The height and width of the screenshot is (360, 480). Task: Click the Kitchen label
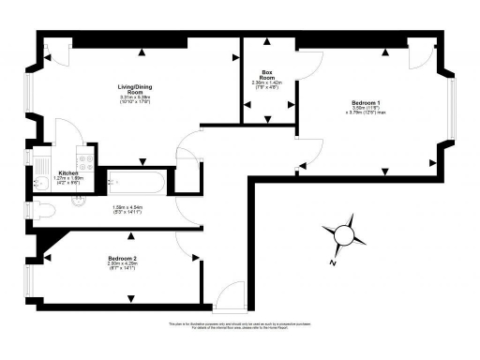(x=69, y=172)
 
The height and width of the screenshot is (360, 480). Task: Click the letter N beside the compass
(x=333, y=263)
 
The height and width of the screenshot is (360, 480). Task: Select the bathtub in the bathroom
(x=137, y=182)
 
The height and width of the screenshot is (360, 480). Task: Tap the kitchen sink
(x=43, y=181)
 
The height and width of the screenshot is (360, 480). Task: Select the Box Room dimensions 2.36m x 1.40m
(x=268, y=85)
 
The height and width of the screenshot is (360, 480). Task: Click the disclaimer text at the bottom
(x=241, y=327)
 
